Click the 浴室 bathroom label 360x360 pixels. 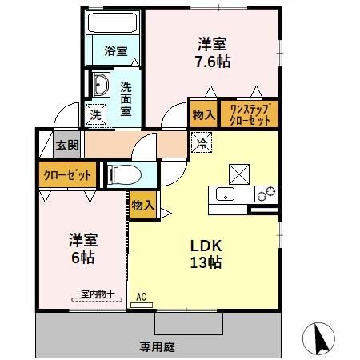pyautogui.click(x=115, y=50)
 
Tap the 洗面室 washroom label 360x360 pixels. pyautogui.click(x=126, y=99)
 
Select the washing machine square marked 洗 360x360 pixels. pyautogui.click(x=95, y=114)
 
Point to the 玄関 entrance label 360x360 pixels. pyautogui.click(x=66, y=146)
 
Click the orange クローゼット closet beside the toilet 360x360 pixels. pyautogui.click(x=67, y=174)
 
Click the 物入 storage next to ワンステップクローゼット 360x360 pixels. pyautogui.click(x=203, y=114)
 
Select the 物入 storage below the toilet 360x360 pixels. pyautogui.click(x=143, y=206)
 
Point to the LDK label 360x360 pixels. pyautogui.click(x=205, y=245)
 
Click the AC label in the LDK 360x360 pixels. pyautogui.click(x=142, y=297)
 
